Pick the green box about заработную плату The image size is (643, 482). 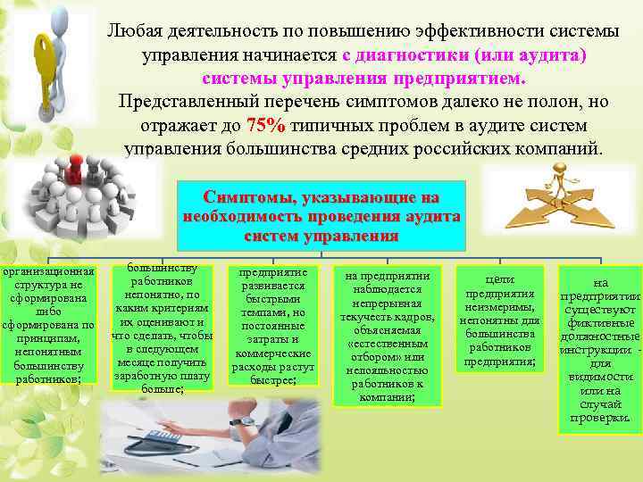pyautogui.click(x=163, y=329)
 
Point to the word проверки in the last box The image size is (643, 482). pyautogui.click(x=599, y=418)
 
